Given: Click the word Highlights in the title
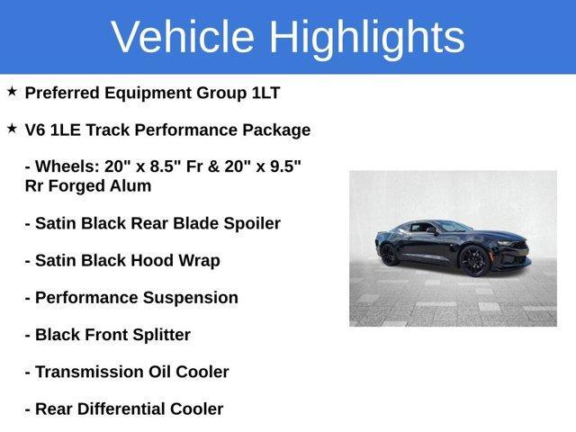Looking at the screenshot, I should click(x=365, y=37).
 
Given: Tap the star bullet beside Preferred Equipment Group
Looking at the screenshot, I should click(x=12, y=92).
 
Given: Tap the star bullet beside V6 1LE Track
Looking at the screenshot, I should click(x=12, y=129).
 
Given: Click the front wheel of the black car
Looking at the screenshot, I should click(x=473, y=261).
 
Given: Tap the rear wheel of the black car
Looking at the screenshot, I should click(x=389, y=255).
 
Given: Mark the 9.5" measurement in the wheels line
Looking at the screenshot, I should click(x=285, y=166).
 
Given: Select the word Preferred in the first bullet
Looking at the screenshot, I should click(x=61, y=93).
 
